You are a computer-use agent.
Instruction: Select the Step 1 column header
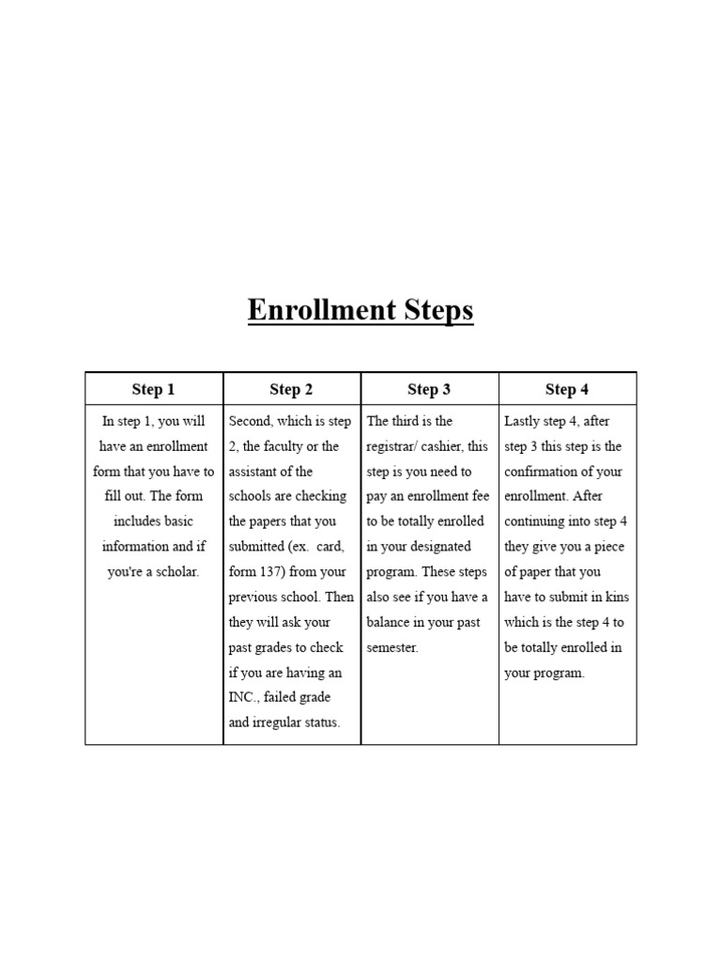coord(153,389)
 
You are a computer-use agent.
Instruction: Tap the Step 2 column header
coord(291,389)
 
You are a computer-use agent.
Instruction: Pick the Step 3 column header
coord(429,389)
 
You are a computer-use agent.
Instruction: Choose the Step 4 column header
coord(567,389)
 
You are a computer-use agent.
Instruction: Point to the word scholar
coord(176,571)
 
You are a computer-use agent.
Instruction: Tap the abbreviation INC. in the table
coord(246,697)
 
